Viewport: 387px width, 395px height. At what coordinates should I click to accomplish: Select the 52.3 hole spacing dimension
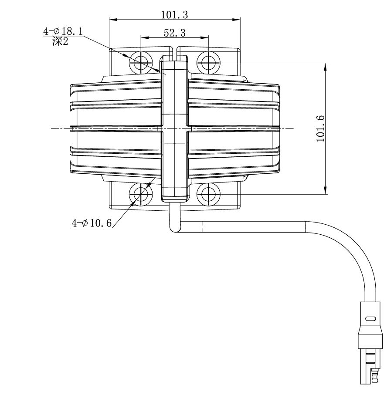(x=175, y=32)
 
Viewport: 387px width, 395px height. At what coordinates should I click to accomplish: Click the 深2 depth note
(x=60, y=44)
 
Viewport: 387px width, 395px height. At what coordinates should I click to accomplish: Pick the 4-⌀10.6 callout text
(x=92, y=223)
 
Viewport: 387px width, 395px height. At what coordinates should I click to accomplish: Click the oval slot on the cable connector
(x=370, y=319)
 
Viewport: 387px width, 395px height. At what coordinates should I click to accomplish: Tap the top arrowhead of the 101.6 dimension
(x=326, y=65)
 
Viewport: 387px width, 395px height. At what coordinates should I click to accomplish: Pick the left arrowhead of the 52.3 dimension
(x=143, y=37)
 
